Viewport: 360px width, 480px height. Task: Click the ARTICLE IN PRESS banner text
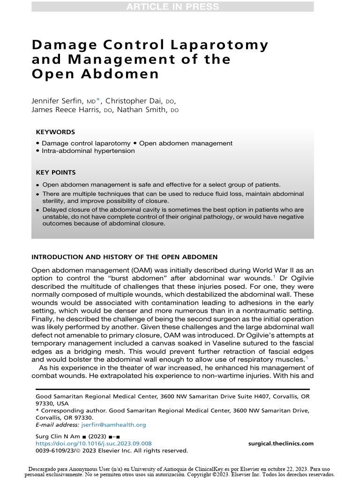click(x=172, y=7)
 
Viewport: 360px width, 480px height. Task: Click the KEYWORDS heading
click(x=55, y=133)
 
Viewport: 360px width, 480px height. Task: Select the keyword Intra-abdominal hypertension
click(x=88, y=151)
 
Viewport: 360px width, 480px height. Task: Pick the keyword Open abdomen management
click(x=186, y=143)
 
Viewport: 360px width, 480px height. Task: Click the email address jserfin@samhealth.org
click(x=113, y=425)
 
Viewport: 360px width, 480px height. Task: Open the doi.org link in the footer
click(x=94, y=443)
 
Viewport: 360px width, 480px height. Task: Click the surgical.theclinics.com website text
click(x=281, y=443)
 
